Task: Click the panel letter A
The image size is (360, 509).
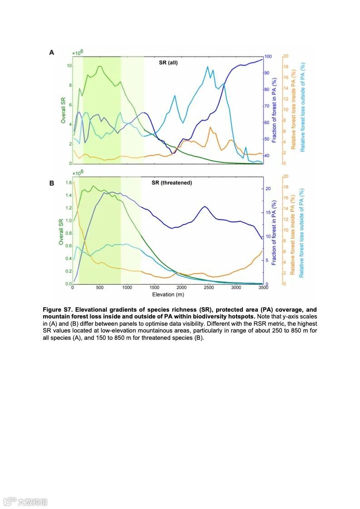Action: tap(52, 53)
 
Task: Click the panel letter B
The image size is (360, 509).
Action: tap(52, 183)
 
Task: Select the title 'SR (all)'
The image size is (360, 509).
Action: tap(168, 63)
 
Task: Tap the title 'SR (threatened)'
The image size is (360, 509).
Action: tap(172, 183)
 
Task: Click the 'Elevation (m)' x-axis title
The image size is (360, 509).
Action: tap(168, 294)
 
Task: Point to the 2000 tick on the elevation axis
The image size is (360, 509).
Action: tap(182, 288)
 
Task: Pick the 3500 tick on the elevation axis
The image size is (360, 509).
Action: tap(263, 288)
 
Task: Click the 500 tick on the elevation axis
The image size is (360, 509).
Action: tap(100, 288)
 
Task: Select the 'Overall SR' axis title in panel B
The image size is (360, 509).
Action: tap(61, 232)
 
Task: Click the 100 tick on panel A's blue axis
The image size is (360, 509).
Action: tap(268, 57)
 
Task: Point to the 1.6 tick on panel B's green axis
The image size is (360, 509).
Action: tap(69, 183)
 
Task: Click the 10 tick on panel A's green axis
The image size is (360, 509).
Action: tap(69, 66)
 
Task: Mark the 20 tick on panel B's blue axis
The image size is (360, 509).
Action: tap(268, 188)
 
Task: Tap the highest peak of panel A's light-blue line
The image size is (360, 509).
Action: tap(207, 67)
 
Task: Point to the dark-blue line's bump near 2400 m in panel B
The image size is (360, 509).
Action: tap(205, 206)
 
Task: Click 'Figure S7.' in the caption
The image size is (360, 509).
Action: tap(58, 309)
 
